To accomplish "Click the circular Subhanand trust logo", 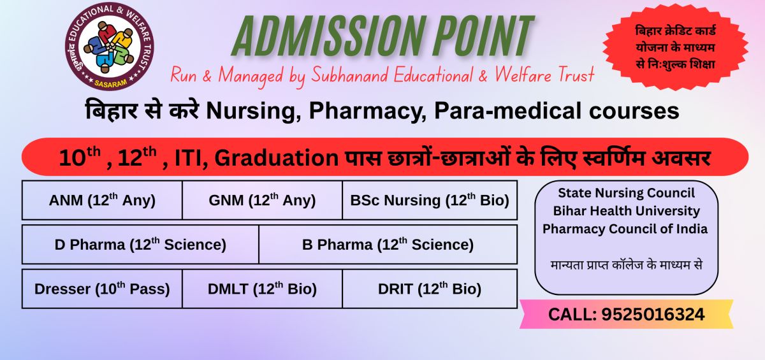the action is [x=110, y=47].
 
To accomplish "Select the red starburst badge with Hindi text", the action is [x=675, y=47].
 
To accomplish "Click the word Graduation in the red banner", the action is [x=276, y=157].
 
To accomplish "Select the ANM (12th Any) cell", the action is [x=102, y=200].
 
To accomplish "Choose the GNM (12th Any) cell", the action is [x=262, y=200].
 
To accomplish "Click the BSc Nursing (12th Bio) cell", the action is [x=430, y=200].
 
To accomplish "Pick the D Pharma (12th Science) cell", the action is [x=140, y=244].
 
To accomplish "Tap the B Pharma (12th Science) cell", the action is [x=388, y=244].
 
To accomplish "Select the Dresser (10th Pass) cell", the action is [x=102, y=289].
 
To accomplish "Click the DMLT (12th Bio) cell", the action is [x=262, y=289].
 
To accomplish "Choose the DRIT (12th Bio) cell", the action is [x=430, y=289].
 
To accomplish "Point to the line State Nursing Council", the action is [x=626, y=193].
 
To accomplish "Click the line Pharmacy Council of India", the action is [x=625, y=229].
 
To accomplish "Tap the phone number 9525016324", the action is [x=653, y=314].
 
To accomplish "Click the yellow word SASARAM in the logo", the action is [x=110, y=83].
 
